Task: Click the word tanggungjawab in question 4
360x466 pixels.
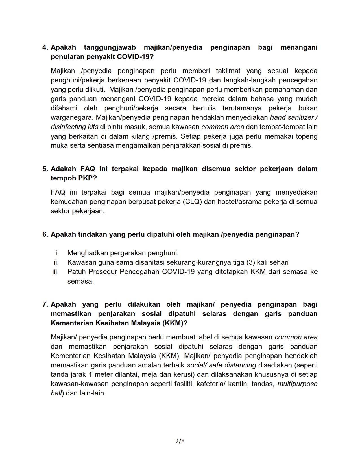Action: [x=110, y=47]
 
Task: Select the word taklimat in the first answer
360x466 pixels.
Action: [x=228, y=71]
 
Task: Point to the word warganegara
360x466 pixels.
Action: [x=72, y=117]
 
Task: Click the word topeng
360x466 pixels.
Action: [x=307, y=136]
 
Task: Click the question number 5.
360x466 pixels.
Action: [x=45, y=169]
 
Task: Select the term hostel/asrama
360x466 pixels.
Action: [x=240, y=202]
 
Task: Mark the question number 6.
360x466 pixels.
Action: [x=45, y=234]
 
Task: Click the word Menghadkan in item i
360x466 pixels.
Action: [x=88, y=253]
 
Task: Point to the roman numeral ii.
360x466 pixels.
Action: [x=56, y=262]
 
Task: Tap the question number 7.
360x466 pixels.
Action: [x=45, y=304]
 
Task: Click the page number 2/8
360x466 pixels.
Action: [x=180, y=441]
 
